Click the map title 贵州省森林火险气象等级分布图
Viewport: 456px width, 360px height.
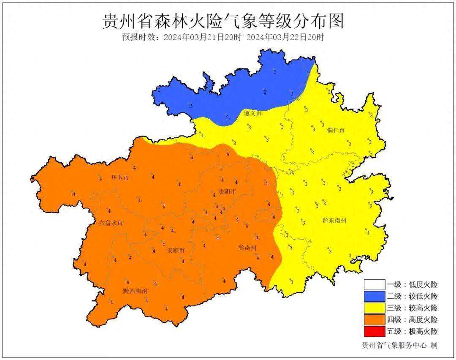223,20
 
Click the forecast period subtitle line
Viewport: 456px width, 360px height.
223,37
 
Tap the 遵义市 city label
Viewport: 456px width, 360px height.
252,114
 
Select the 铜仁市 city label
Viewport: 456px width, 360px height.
336,130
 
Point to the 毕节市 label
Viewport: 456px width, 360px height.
120,178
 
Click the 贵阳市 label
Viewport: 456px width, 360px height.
227,192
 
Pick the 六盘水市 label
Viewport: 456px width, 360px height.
111,223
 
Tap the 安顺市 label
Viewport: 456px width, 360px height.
176,251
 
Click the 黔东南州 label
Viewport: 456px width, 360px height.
334,220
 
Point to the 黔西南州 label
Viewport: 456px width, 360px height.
135,291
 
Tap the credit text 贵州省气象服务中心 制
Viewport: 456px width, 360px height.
399,346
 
